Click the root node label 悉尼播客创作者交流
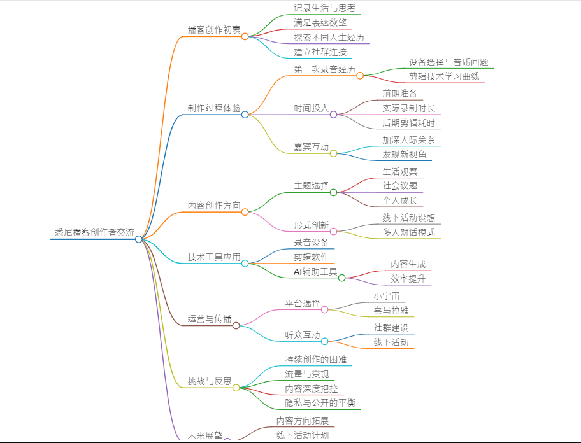[x=94, y=233]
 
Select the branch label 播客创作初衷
[x=214, y=30]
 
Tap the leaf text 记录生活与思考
[x=325, y=8]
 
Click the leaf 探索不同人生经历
[x=329, y=38]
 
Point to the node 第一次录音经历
[x=324, y=69]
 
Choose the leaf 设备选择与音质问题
[x=448, y=62]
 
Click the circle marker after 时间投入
[x=333, y=115]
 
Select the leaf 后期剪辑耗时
[x=408, y=123]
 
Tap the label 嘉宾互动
[x=311, y=147]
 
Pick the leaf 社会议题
[x=400, y=186]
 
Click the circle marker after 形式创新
[x=333, y=231]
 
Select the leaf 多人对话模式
[x=408, y=232]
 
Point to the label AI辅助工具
[x=315, y=272]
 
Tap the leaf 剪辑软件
[x=311, y=257]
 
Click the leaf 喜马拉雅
[x=391, y=311]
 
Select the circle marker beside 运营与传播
[x=236, y=325]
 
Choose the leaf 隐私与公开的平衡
[x=320, y=403]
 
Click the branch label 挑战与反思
[x=210, y=381]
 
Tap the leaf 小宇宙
[x=387, y=296]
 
